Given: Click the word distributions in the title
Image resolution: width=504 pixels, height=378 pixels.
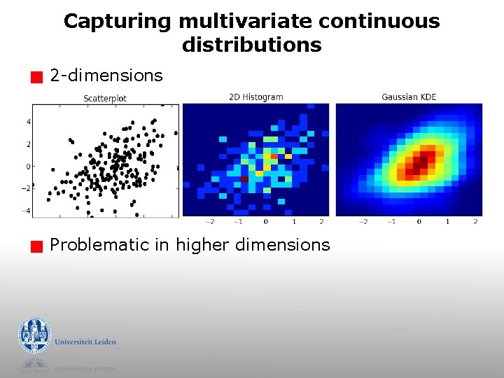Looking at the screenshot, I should click(251, 45).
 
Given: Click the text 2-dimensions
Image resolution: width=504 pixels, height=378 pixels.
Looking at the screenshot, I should click(106, 76).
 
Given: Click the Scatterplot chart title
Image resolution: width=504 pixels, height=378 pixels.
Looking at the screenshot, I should click(105, 99).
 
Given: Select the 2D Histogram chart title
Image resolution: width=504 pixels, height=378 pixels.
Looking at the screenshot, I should click(256, 97).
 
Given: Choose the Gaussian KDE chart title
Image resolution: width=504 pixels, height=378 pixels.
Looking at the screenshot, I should click(409, 97).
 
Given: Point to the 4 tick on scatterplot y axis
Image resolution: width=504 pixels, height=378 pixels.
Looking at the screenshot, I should click(29, 122).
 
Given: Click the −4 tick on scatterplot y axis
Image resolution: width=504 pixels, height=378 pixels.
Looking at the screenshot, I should click(25, 211).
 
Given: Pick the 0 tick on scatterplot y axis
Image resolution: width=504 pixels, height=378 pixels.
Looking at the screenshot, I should click(29, 167).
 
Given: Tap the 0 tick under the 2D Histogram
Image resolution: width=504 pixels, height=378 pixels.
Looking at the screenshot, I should click(265, 221).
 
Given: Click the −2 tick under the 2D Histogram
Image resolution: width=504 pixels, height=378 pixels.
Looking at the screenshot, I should click(209, 221).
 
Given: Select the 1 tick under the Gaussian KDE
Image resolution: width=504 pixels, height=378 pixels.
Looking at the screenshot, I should click(447, 221).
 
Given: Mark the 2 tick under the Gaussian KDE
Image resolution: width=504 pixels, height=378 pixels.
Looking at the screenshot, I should click(475, 221).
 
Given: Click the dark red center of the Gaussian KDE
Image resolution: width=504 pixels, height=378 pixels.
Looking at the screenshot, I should click(419, 164).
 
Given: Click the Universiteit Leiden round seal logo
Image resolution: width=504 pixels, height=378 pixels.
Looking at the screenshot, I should click(34, 335).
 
